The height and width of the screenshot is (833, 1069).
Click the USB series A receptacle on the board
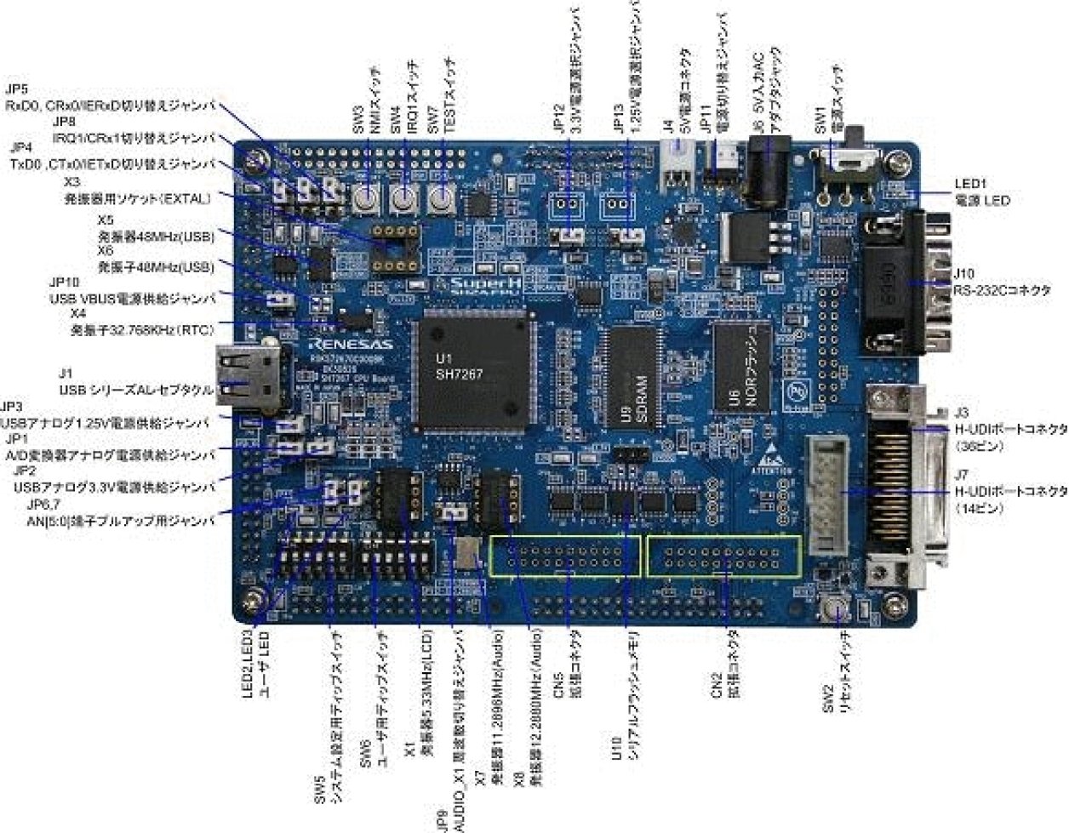click(x=249, y=374)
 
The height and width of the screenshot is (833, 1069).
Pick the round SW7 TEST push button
click(x=440, y=199)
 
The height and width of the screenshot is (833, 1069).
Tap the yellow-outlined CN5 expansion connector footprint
click(x=565, y=558)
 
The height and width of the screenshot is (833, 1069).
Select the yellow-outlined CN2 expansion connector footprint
click(x=723, y=557)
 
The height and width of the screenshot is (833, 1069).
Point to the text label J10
click(x=964, y=274)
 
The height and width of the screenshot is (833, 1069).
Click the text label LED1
click(x=969, y=183)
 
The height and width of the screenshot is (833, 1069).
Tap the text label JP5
click(x=17, y=88)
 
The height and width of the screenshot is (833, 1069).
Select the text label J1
click(x=66, y=374)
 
